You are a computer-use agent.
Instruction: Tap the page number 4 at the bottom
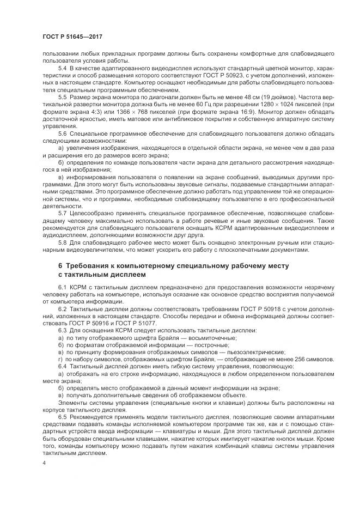pos(44,463)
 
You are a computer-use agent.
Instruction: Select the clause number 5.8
pos(62,242)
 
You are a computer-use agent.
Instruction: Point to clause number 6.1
pos(62,287)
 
